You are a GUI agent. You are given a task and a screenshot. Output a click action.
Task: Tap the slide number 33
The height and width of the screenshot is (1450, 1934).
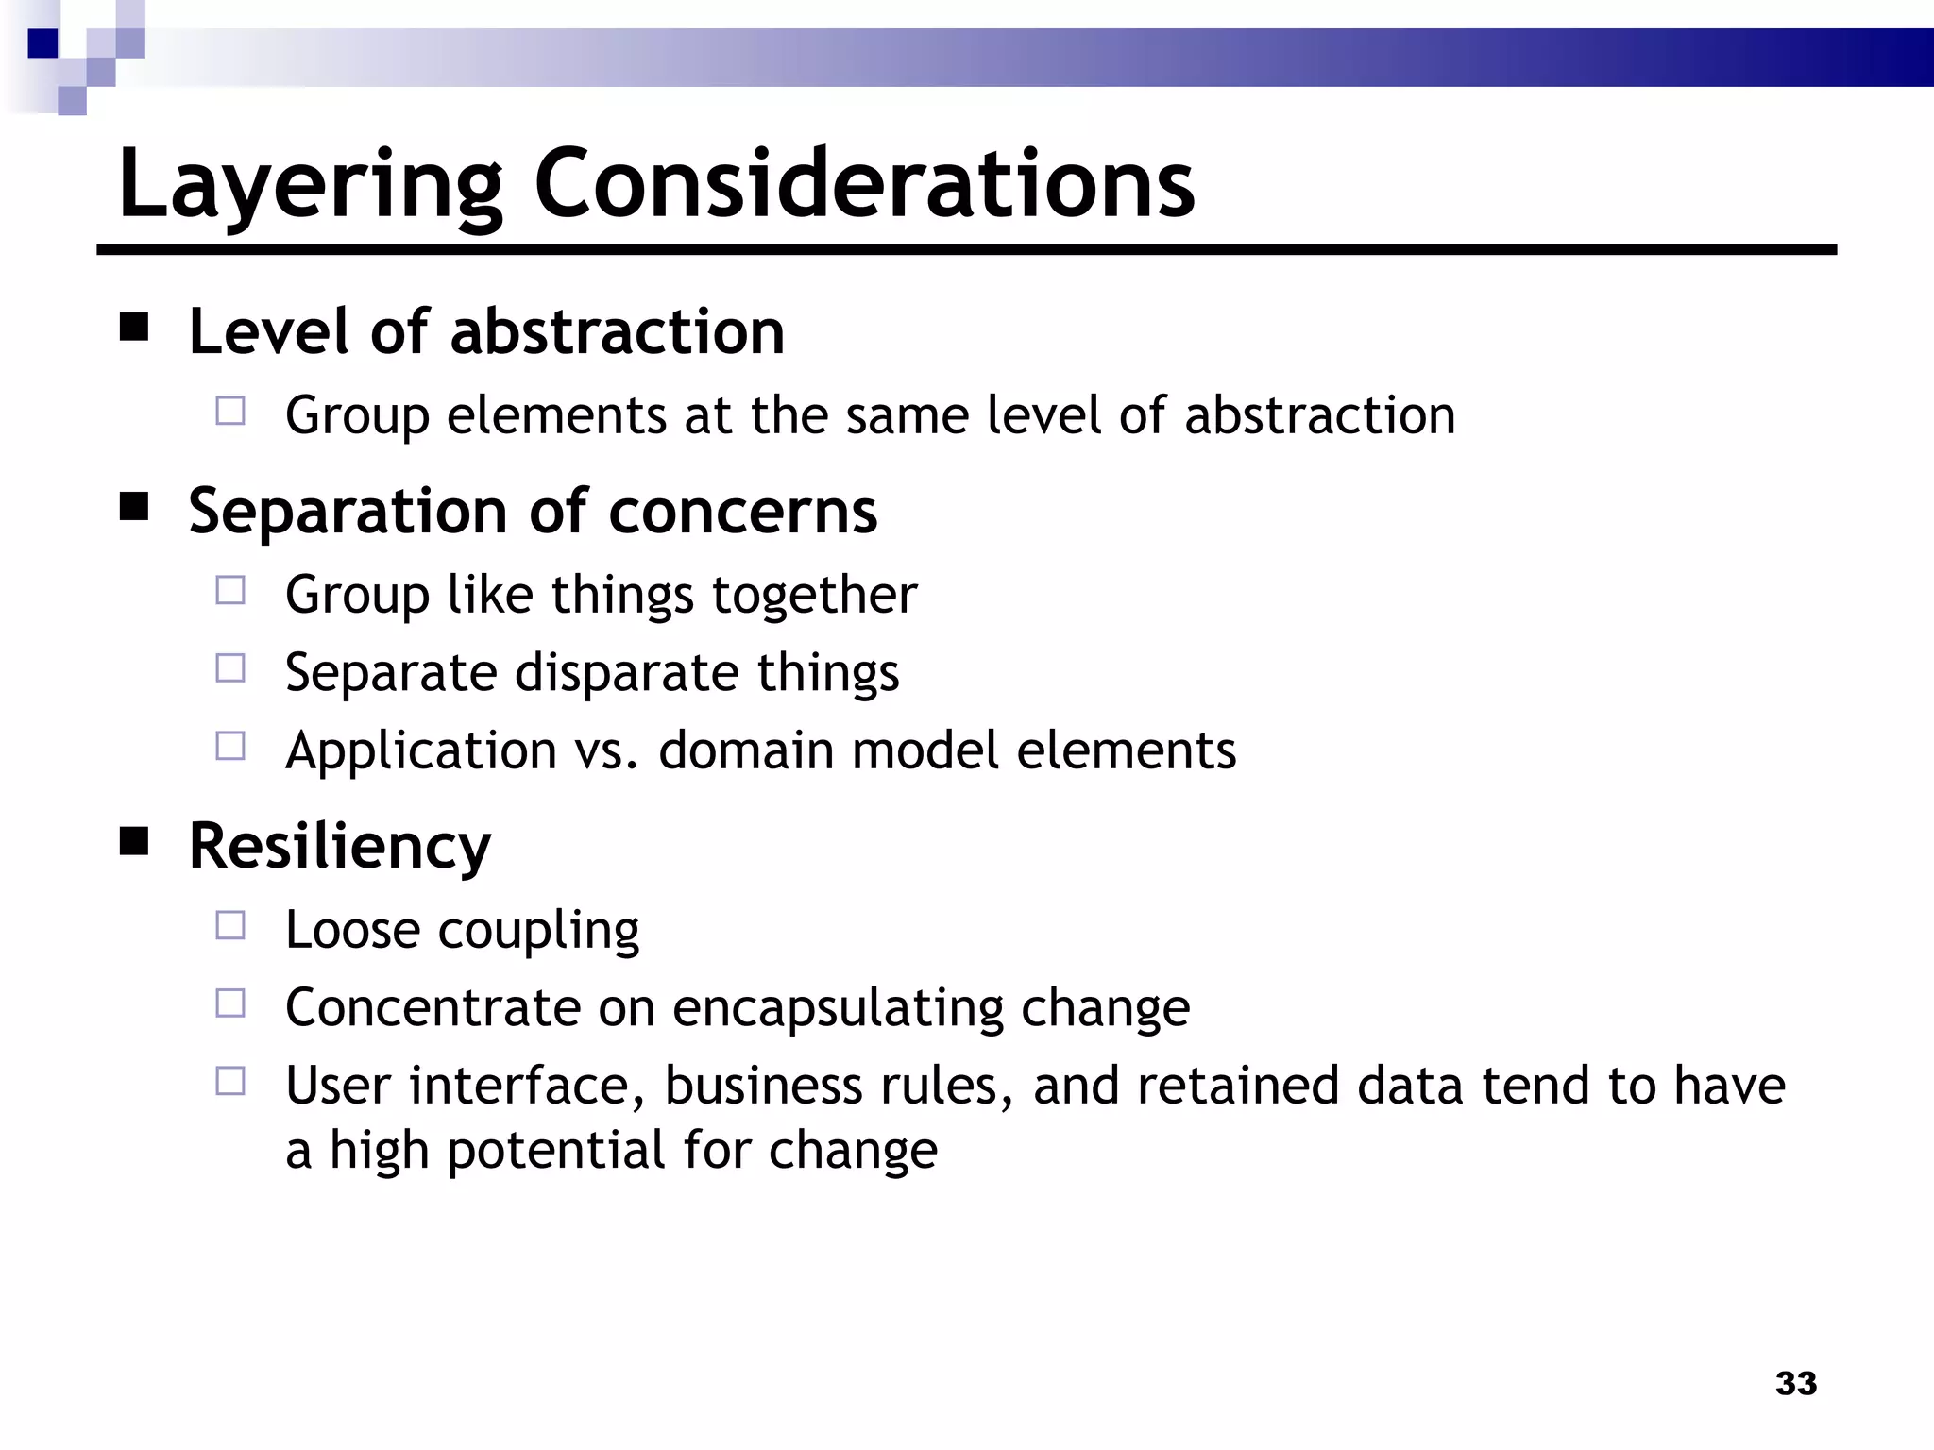click(1795, 1383)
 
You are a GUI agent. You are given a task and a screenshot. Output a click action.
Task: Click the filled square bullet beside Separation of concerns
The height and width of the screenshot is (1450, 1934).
click(135, 508)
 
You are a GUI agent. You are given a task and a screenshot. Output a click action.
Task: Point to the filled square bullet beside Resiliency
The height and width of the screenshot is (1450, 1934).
click(135, 841)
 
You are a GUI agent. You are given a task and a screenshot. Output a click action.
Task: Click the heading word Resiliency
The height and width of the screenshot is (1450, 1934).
click(340, 846)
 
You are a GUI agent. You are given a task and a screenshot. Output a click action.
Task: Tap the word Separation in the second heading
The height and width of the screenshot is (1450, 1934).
click(348, 512)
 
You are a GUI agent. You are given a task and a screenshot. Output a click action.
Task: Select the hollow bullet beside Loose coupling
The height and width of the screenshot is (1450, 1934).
click(230, 925)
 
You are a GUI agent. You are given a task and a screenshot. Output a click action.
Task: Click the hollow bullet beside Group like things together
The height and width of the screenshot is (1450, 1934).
click(230, 591)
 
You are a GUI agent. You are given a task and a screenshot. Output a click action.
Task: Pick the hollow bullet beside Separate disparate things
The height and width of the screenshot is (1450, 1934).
click(230, 668)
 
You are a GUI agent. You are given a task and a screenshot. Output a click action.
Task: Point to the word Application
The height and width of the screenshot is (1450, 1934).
click(421, 751)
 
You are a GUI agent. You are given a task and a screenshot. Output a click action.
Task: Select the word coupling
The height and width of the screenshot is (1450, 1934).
click(538, 931)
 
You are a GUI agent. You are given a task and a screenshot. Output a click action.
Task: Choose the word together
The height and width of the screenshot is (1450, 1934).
click(814, 596)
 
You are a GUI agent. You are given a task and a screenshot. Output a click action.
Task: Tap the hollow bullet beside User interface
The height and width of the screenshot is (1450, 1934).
click(230, 1081)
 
